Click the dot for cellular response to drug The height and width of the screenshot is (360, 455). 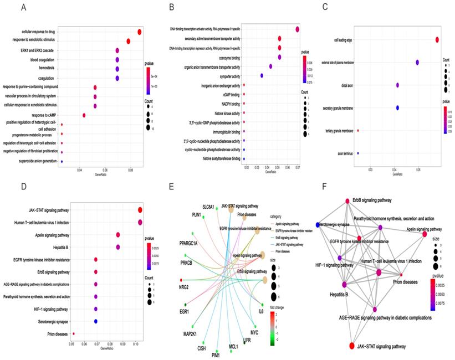[x=139, y=32]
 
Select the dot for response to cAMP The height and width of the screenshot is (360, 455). [x=84, y=115]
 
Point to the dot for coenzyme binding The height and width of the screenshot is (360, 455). [x=279, y=57]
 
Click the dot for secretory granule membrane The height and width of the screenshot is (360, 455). [x=397, y=107]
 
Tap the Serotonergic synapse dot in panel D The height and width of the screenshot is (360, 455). [x=96, y=321]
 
